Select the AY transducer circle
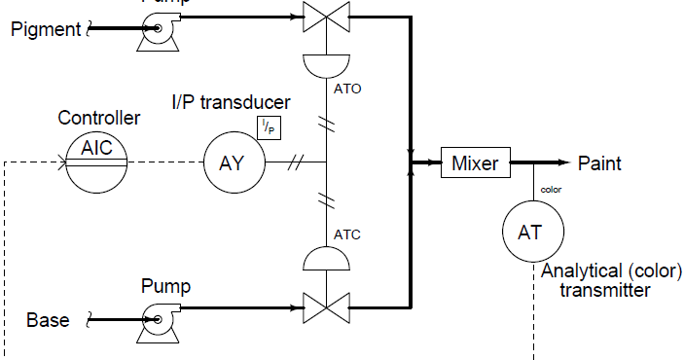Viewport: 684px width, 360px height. [x=232, y=162]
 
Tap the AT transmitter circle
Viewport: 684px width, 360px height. [x=531, y=233]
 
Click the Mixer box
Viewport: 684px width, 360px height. [x=475, y=162]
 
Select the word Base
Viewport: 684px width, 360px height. [x=48, y=320]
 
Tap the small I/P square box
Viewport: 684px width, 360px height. [x=268, y=126]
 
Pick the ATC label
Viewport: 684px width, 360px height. [x=347, y=234]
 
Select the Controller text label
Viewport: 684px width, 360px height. [x=99, y=119]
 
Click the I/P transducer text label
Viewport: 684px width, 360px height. [x=231, y=102]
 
